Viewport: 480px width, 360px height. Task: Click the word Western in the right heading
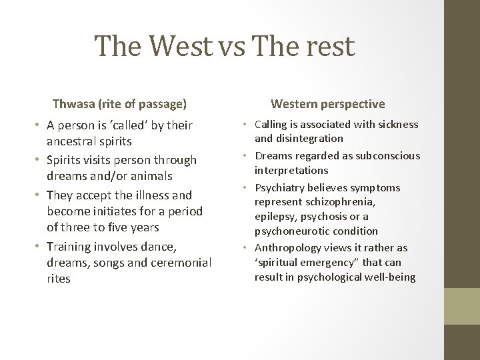(294, 103)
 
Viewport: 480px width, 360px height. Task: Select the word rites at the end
(59, 279)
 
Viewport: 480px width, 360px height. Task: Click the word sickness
(398, 125)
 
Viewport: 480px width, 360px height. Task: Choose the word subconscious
(387, 155)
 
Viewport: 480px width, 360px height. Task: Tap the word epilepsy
(275, 217)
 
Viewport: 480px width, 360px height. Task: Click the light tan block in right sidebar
(462, 306)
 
